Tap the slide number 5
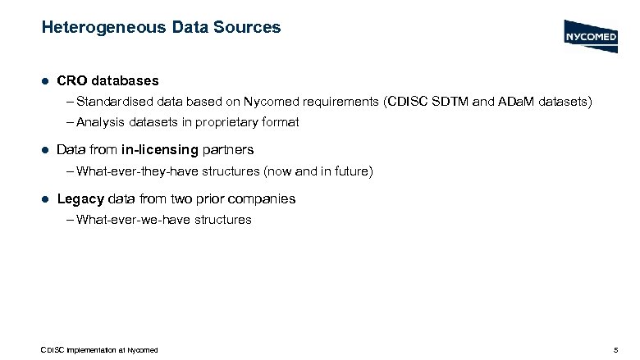(x=615, y=350)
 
